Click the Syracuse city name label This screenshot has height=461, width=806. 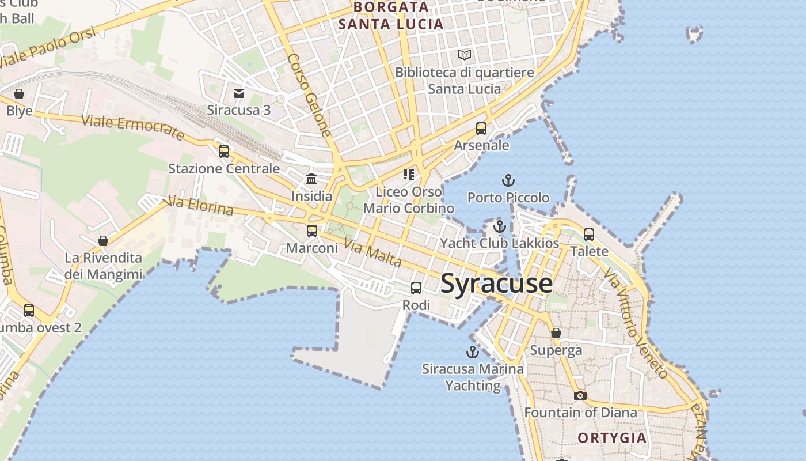[x=496, y=284]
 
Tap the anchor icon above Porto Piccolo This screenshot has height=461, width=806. [x=508, y=181]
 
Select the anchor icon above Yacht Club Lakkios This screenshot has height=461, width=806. [x=499, y=226]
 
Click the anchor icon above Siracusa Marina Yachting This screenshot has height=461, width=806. [x=472, y=352]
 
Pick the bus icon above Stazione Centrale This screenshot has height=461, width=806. [x=224, y=152]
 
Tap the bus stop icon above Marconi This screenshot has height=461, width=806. [x=312, y=231]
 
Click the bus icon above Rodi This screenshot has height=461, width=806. [x=416, y=288]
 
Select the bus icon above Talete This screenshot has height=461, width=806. [x=589, y=235]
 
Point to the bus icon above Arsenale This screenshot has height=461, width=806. [x=481, y=129]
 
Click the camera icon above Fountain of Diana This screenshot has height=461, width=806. [x=580, y=395]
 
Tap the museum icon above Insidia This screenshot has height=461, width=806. [x=311, y=179]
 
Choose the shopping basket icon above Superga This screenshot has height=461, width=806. [x=556, y=333]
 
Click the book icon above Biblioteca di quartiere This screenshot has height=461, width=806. [x=465, y=55]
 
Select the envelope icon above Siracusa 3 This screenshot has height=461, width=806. [x=239, y=93]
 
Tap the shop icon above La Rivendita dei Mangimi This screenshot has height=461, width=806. [x=103, y=240]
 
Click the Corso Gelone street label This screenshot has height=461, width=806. [x=310, y=95]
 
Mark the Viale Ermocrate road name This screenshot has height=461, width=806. [x=132, y=127]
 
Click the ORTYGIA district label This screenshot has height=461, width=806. [x=612, y=438]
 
